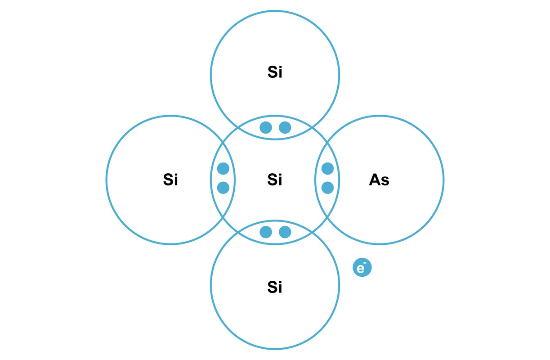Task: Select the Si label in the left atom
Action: pyautogui.click(x=170, y=180)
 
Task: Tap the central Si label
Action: pyautogui.click(x=275, y=180)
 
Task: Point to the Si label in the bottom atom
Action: pyautogui.click(x=275, y=287)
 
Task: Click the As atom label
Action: pyautogui.click(x=379, y=180)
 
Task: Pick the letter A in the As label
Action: pyautogui.click(x=374, y=180)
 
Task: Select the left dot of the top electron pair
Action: pyautogui.click(x=266, y=128)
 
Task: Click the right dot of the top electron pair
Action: pyautogui.click(x=285, y=128)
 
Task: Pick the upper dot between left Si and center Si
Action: pyautogui.click(x=223, y=169)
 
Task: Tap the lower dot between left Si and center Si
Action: pyautogui.click(x=223, y=188)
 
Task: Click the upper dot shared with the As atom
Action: pyautogui.click(x=327, y=169)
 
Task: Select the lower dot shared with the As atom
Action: pyautogui.click(x=327, y=188)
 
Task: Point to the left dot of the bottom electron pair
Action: pyautogui.click(x=266, y=232)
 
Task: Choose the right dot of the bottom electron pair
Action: pyautogui.click(x=285, y=232)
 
